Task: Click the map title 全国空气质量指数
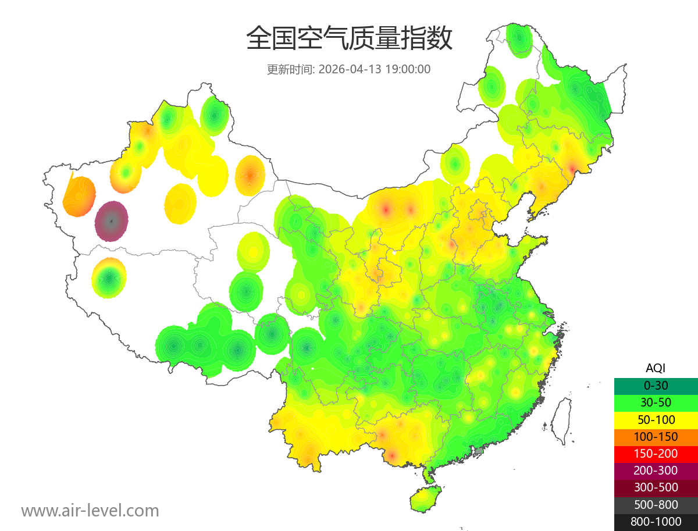click(349, 39)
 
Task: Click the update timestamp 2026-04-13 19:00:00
click(375, 69)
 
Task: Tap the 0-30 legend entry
click(655, 386)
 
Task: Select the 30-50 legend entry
click(655, 402)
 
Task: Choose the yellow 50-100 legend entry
click(655, 420)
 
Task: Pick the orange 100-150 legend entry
click(655, 437)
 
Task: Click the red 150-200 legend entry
click(655, 454)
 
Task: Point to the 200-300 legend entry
click(655, 471)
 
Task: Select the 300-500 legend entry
click(655, 487)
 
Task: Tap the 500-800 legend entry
click(655, 505)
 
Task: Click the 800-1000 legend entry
click(655, 522)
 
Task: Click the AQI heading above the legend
click(655, 368)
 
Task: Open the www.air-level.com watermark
click(90, 511)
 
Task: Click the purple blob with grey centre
click(112, 221)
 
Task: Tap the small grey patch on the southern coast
click(479, 451)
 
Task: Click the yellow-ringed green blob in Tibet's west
click(109, 278)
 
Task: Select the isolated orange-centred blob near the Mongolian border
click(250, 175)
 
